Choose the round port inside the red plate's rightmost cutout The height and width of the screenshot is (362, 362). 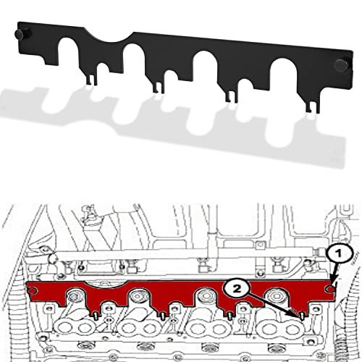tap(277, 299)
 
